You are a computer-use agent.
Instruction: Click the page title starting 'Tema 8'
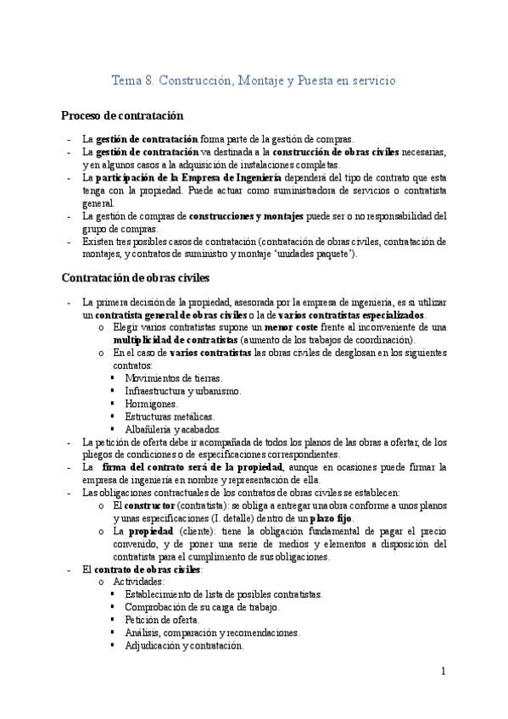point(254,81)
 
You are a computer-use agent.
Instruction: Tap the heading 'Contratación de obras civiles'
point(135,277)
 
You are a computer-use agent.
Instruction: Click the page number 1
point(443,672)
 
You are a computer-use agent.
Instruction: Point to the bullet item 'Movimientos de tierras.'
point(173,377)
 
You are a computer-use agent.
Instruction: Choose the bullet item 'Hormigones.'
point(151,404)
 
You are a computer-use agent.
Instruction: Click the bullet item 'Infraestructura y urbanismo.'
point(183,391)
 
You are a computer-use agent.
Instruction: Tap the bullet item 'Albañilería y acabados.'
point(172,429)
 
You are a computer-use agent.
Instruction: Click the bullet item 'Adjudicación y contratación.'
point(184,645)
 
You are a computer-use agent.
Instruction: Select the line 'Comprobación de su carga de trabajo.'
point(202,607)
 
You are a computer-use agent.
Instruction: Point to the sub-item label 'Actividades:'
point(139,582)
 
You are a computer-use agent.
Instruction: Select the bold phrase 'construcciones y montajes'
point(246,216)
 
